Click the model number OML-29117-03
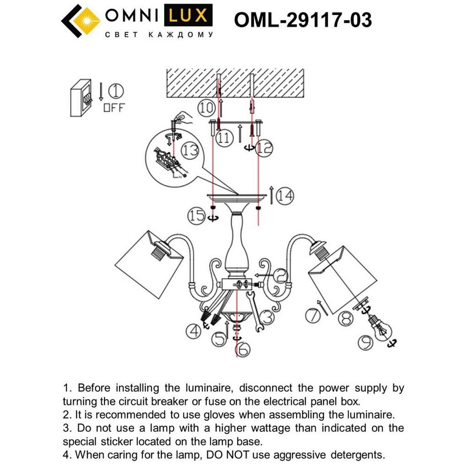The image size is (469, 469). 303,20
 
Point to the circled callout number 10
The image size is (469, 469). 206,108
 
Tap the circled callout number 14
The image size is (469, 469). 285,196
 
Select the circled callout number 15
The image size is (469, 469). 197,215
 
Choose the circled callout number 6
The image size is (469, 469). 243,349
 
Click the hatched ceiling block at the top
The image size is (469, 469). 235,83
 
